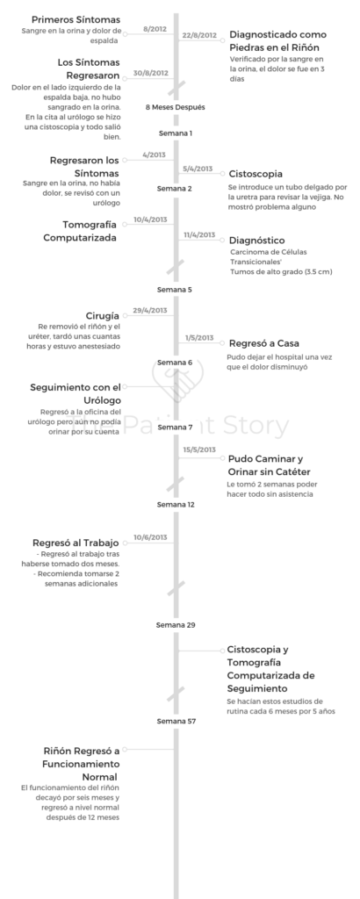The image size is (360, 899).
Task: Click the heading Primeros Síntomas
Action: (76, 19)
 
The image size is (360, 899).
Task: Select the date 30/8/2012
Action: (151, 74)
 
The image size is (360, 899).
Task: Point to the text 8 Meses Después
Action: (176, 107)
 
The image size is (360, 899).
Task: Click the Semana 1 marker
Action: (176, 133)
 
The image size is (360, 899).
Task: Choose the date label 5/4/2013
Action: (198, 169)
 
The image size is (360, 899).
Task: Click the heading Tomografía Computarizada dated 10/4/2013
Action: (89, 231)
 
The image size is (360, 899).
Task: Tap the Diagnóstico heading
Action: (256, 241)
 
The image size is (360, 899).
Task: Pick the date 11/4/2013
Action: (199, 235)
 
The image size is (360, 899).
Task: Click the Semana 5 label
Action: (175, 290)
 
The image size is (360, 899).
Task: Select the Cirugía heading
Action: (103, 316)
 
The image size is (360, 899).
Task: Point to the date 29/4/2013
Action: (150, 311)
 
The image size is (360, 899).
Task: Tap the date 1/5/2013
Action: (199, 338)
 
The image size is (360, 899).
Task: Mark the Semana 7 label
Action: (175, 428)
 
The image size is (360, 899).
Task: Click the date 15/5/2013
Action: (199, 449)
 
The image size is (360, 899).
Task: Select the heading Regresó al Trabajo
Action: (76, 543)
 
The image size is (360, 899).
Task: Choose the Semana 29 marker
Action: (176, 625)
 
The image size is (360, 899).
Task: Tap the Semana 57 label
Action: (176, 722)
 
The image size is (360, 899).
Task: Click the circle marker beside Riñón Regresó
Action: (125, 750)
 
